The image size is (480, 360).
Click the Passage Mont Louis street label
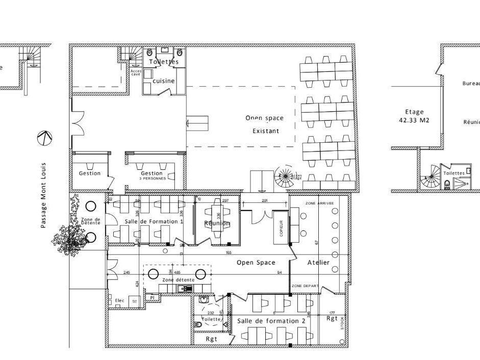coord(44,195)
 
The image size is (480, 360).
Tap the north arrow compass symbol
coord(45,138)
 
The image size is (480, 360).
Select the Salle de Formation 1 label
coord(154,221)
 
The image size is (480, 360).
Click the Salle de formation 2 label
coord(271,321)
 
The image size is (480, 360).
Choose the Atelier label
coord(318,263)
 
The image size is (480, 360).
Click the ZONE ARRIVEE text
coord(319,203)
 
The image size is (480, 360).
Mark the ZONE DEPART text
coord(305,287)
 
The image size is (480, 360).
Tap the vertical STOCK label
coord(342,323)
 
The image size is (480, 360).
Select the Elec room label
coord(120,300)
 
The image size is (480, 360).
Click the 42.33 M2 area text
coord(414,121)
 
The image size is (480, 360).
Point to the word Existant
coord(266,131)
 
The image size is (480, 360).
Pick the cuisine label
coord(163,81)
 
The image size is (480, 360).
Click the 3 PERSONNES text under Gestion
coord(153,178)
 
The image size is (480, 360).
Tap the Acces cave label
coord(136,72)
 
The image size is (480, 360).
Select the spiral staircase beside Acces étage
coord(283,177)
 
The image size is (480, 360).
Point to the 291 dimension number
coord(265,201)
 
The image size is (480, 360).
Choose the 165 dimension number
coord(229,252)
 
